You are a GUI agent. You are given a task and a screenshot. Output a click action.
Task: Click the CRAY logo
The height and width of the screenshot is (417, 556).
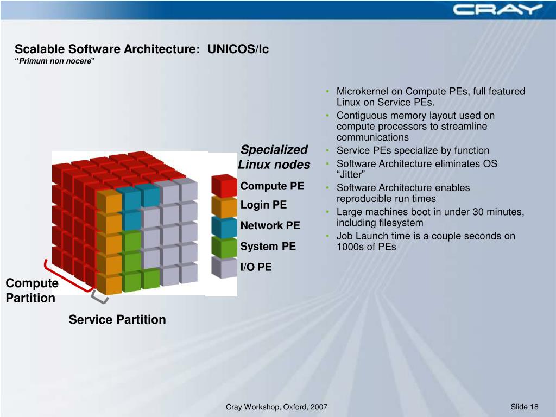pos(497,9)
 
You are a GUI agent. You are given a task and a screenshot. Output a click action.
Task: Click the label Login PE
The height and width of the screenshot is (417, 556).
pos(263,205)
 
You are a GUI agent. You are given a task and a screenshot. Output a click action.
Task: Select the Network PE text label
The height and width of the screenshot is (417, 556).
pos(270,225)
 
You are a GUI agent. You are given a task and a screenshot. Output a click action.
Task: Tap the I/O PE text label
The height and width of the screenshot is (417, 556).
pos(256,267)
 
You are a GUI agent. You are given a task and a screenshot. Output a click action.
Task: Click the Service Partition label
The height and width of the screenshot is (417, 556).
pos(117,319)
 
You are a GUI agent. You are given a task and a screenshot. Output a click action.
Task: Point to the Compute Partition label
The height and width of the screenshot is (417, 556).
pos(31,290)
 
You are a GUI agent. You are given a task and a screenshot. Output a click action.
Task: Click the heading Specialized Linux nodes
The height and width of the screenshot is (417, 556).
pos(274,157)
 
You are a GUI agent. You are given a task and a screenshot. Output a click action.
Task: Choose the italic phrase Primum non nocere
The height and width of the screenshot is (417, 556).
pos(55,61)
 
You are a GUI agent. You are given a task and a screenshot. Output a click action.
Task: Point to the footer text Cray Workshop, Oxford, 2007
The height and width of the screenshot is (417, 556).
pos(276,407)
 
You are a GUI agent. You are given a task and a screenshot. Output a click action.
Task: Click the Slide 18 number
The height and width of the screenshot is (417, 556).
pos(525,407)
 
